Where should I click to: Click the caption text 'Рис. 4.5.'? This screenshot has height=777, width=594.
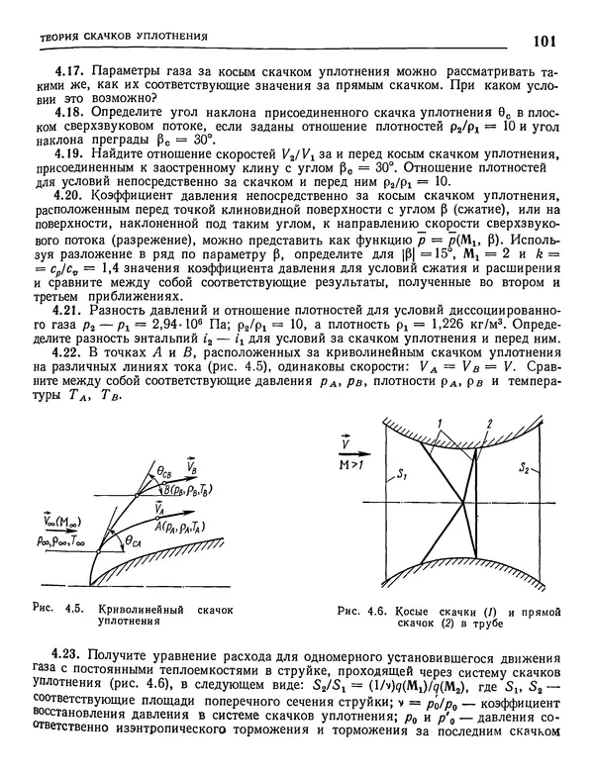55,610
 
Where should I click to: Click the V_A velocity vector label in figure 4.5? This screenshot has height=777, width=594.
160,507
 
